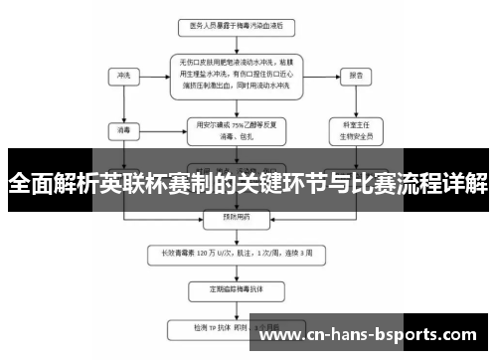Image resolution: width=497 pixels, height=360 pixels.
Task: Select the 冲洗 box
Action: coord(123,75)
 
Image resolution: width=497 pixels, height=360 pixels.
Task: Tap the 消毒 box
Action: coord(123,129)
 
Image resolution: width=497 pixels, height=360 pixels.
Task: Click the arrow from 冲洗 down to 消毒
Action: coord(123,102)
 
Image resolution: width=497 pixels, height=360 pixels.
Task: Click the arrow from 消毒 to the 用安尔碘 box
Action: coord(159,129)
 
